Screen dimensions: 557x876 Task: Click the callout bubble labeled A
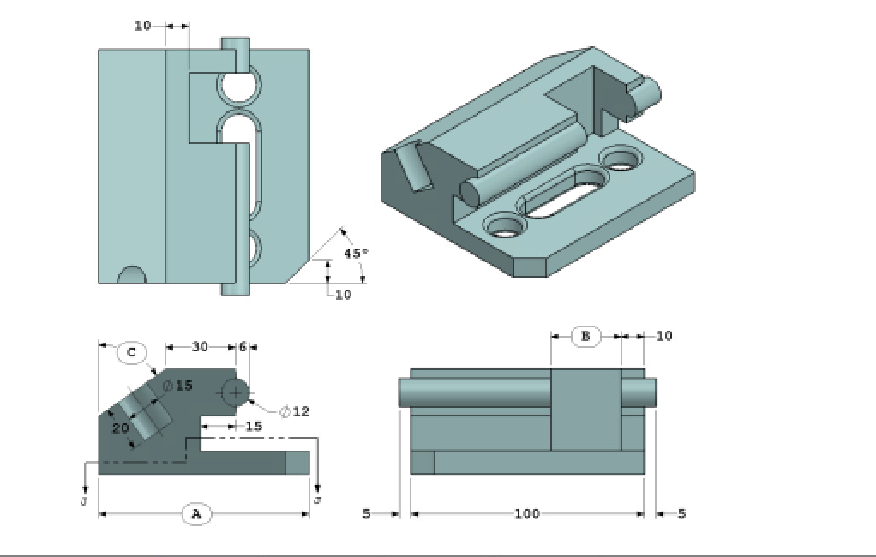[x=195, y=513]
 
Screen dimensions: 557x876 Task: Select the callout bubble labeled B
[x=585, y=336]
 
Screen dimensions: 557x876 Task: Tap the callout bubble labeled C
[x=131, y=352]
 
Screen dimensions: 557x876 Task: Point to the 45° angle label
[x=355, y=253]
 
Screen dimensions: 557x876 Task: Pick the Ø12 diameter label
[x=294, y=411]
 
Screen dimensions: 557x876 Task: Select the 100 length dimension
[x=526, y=513]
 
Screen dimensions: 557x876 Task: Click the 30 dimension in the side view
[x=200, y=347]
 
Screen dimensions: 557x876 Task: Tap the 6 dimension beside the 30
[x=243, y=347]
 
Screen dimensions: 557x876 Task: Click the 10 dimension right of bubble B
[x=664, y=336]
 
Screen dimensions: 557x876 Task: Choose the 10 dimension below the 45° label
[x=343, y=295]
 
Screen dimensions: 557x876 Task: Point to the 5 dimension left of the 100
[x=366, y=513]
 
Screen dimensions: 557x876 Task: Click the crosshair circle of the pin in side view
[x=235, y=392]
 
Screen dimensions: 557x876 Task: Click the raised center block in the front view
[x=585, y=410]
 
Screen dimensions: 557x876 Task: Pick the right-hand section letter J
[x=317, y=499]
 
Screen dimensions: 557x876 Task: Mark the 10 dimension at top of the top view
[x=143, y=26]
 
